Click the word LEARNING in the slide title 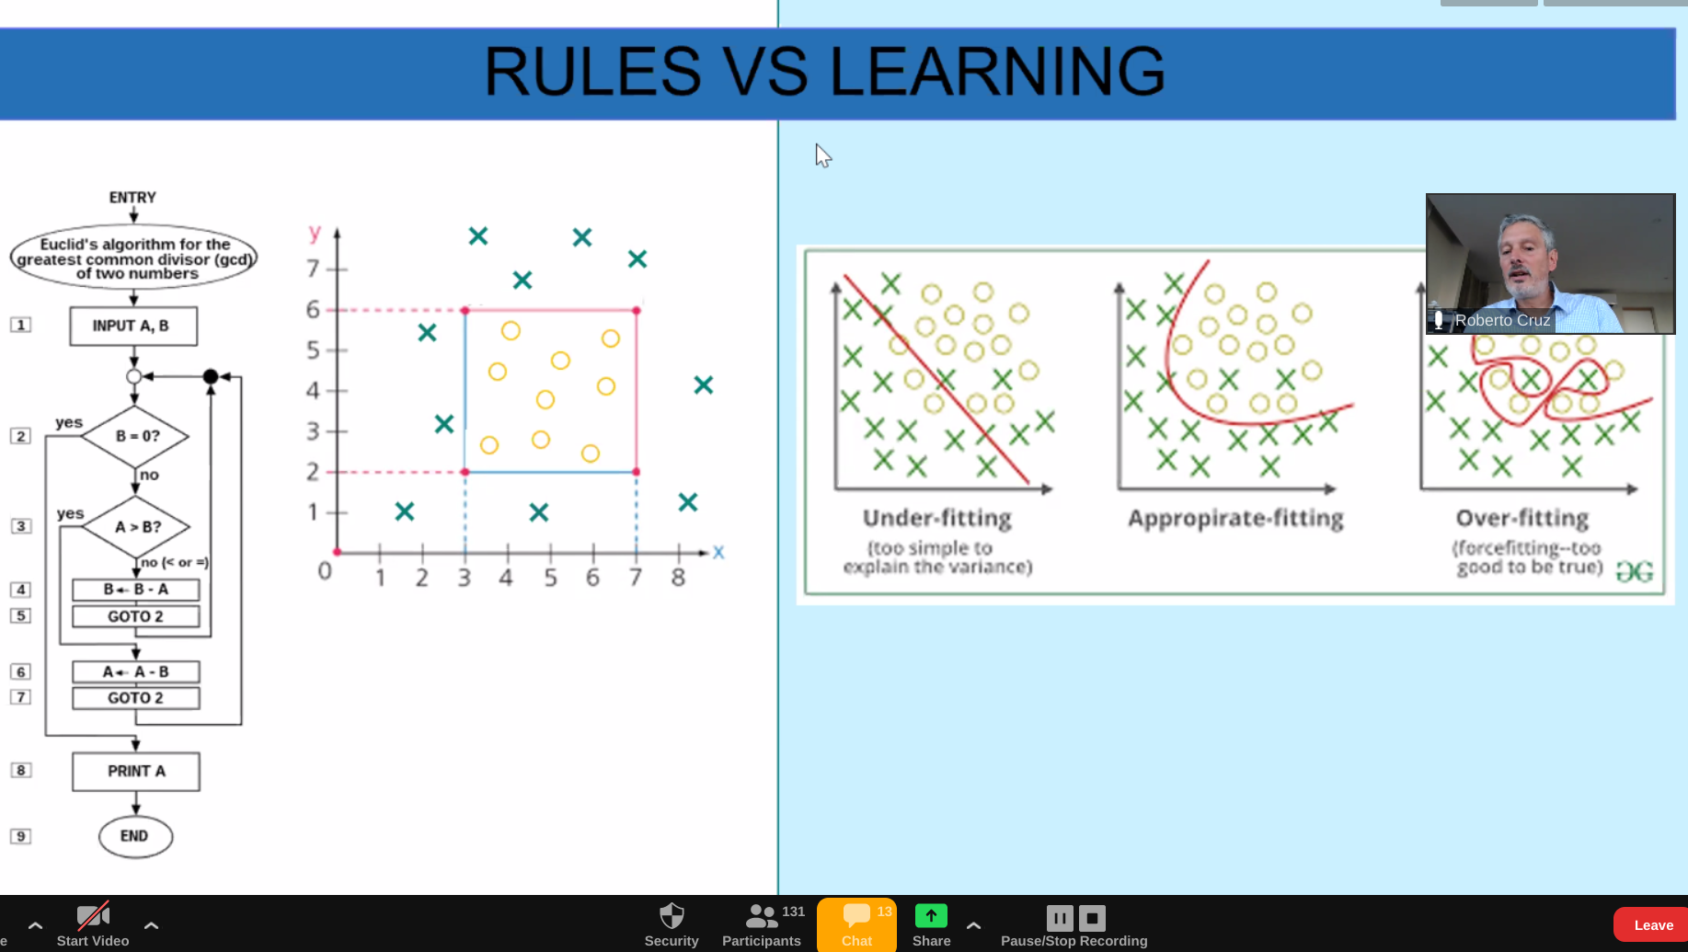[997, 72]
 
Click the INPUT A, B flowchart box [133, 326]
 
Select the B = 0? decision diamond [135, 436]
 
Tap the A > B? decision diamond [137, 527]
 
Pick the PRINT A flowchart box [136, 771]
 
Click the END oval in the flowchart [135, 836]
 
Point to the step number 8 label [20, 770]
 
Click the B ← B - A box [136, 589]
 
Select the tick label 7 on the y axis [313, 269]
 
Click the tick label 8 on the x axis [678, 578]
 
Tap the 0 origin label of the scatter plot [325, 571]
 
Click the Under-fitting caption [937, 519]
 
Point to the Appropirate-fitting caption [1235, 519]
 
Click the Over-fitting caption [1522, 519]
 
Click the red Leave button [1652, 925]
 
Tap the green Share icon [931, 916]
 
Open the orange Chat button [856, 924]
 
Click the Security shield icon [672, 916]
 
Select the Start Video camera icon [93, 916]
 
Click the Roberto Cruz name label [1502, 320]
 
